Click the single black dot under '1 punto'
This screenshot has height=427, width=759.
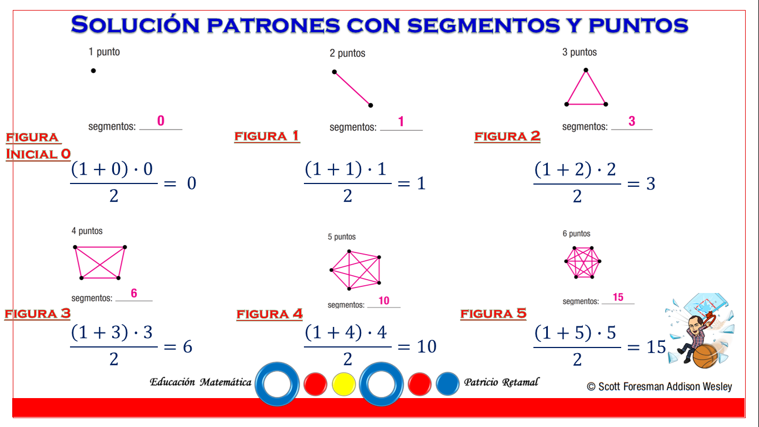click(93, 71)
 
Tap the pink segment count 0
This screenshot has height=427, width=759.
click(161, 121)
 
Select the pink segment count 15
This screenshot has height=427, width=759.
click(618, 297)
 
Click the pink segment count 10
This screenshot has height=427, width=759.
click(384, 300)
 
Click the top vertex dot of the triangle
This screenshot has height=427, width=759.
click(586, 70)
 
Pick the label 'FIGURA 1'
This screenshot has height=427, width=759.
click(267, 136)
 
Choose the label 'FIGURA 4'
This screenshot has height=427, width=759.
click(269, 314)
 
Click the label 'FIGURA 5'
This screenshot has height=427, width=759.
click(493, 314)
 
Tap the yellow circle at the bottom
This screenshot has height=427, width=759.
click(343, 384)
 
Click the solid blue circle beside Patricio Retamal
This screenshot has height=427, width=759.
click(448, 384)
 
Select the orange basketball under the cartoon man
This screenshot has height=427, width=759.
click(706, 356)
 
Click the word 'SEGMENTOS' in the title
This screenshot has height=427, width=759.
click(483, 25)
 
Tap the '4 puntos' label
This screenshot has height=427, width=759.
click(87, 231)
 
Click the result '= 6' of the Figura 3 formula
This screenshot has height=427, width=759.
click(178, 346)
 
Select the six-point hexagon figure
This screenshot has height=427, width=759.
click(583, 262)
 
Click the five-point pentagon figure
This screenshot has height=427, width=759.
click(356, 270)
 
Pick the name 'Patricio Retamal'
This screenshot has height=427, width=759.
click(501, 382)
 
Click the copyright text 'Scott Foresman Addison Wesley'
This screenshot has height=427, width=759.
click(665, 386)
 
